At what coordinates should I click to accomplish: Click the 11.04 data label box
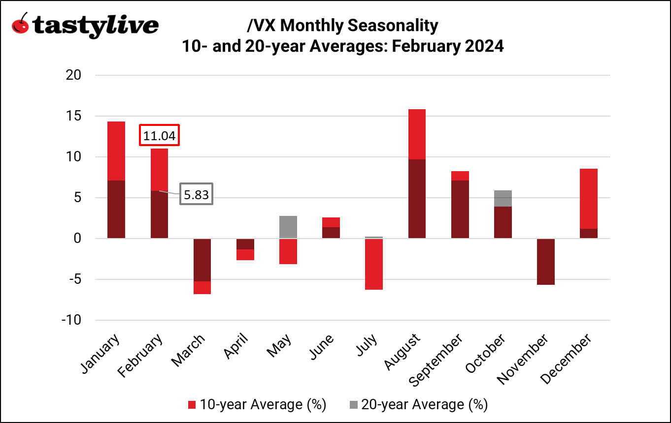click(159, 136)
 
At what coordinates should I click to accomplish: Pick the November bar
click(546, 261)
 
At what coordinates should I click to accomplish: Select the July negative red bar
click(374, 264)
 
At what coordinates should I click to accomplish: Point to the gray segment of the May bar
click(288, 227)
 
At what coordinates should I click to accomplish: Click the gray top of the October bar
click(503, 198)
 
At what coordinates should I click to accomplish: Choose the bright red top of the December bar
click(589, 198)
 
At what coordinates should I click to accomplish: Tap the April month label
click(236, 347)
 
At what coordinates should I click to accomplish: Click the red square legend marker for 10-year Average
click(192, 405)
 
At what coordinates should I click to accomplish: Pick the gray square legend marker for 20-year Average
click(353, 405)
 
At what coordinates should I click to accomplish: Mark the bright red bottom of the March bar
click(202, 288)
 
